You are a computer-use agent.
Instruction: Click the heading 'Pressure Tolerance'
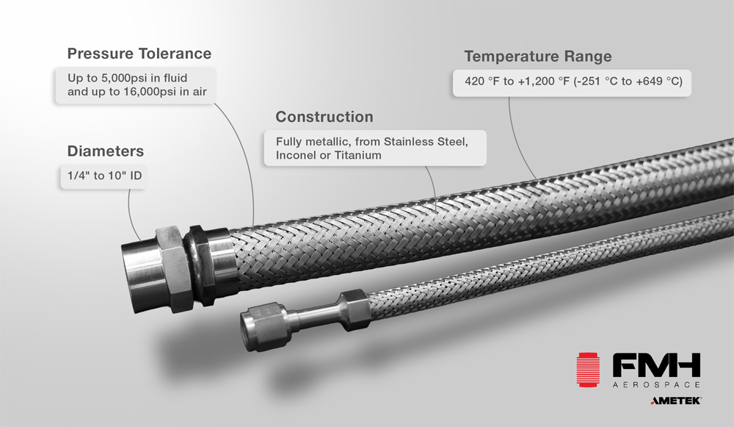pos(139,54)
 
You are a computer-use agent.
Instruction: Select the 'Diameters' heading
pos(105,151)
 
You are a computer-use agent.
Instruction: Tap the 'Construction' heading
pos(324,117)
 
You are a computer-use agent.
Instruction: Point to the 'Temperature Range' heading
pos(537,57)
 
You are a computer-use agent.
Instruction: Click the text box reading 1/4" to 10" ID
pos(100,176)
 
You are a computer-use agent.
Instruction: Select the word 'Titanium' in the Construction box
pos(356,156)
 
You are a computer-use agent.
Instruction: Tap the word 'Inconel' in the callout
pos(294,156)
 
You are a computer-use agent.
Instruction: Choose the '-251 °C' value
pos(596,82)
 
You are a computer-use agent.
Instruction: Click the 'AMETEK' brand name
pos(676,401)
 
